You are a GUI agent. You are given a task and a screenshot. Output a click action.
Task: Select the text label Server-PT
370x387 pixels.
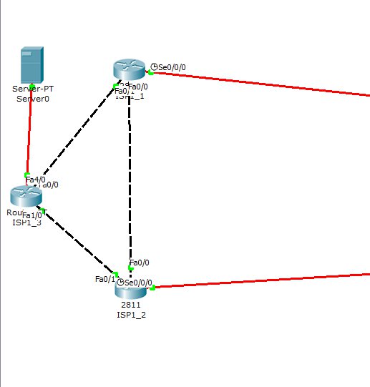(x=33, y=89)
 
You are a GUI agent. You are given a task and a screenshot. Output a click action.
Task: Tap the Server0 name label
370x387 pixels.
(x=31, y=98)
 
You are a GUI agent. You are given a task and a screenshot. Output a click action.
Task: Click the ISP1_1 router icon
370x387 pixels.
(x=130, y=69)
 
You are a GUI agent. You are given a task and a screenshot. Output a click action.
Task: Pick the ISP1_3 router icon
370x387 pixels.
(x=26, y=195)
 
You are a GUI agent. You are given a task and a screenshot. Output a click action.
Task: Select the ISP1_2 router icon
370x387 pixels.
(x=130, y=288)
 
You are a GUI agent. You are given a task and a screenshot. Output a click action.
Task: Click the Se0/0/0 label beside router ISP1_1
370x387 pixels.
(x=172, y=67)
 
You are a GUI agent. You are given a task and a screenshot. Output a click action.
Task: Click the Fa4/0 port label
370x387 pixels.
(x=35, y=180)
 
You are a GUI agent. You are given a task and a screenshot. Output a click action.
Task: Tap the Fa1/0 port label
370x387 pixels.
(x=32, y=215)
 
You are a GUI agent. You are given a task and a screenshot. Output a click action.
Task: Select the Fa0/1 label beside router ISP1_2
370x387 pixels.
(x=105, y=278)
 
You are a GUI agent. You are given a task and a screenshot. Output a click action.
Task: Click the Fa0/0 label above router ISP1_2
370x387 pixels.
(x=140, y=263)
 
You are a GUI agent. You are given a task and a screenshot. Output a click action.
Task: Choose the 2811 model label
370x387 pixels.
(x=130, y=305)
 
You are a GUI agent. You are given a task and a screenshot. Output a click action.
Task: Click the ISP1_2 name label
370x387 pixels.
(x=130, y=314)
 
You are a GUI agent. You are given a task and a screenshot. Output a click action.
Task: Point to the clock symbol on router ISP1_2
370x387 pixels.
(x=121, y=283)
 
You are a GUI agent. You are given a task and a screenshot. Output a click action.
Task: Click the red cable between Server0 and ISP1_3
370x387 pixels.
(x=29, y=132)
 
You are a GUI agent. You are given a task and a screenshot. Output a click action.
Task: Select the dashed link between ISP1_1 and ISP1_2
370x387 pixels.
(x=130, y=179)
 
